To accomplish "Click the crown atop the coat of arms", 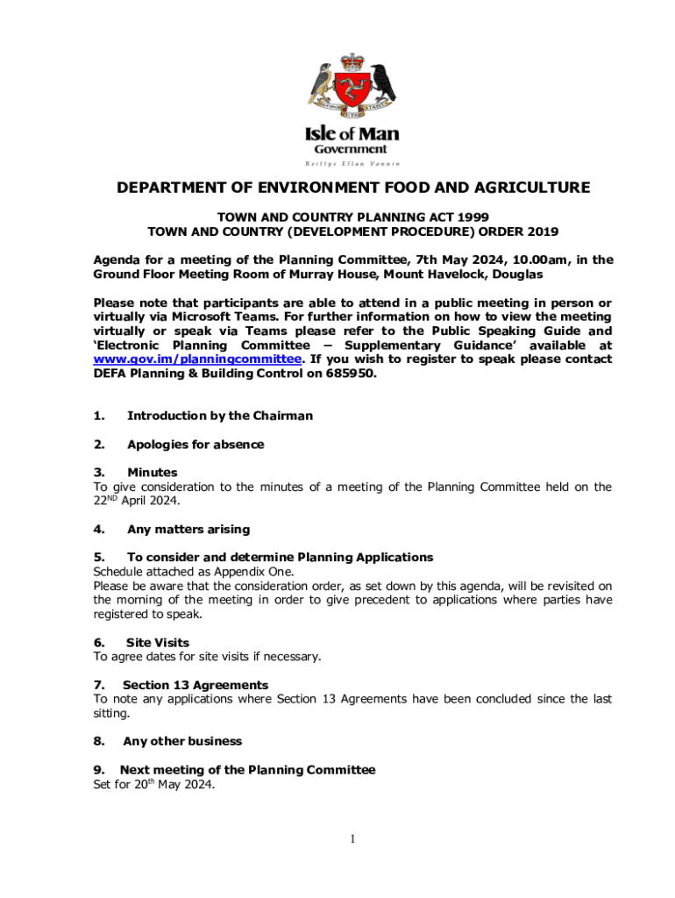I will click(352, 61).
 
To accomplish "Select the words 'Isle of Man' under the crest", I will click(352, 134).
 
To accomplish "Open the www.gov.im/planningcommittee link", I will click(198, 359).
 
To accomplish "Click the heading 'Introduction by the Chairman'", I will click(219, 416).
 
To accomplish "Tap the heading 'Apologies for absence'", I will click(195, 444).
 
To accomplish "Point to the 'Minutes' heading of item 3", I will click(152, 472).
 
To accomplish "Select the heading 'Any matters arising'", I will click(188, 529).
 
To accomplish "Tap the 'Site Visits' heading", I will click(158, 642).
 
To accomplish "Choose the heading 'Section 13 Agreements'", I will click(195, 684).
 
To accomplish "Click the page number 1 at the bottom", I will click(352, 839).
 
